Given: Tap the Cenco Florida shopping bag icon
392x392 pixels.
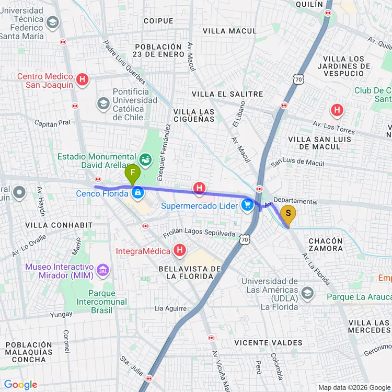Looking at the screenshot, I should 137,193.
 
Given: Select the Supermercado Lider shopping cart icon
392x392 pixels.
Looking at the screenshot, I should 248,205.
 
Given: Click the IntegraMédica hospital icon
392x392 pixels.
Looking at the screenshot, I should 180,251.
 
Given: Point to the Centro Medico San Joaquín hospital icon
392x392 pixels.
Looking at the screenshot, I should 82,80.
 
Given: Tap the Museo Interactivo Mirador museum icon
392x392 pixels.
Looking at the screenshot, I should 103,270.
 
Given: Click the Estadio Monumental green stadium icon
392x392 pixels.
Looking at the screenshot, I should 145,157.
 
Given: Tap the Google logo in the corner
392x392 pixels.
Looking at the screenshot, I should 21,385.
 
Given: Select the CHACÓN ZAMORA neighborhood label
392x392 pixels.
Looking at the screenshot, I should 326,245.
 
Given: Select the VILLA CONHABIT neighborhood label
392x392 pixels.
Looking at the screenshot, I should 51,225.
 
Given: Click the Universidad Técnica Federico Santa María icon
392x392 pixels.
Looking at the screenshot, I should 53,22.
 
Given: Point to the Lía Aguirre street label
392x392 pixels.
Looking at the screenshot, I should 170,308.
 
